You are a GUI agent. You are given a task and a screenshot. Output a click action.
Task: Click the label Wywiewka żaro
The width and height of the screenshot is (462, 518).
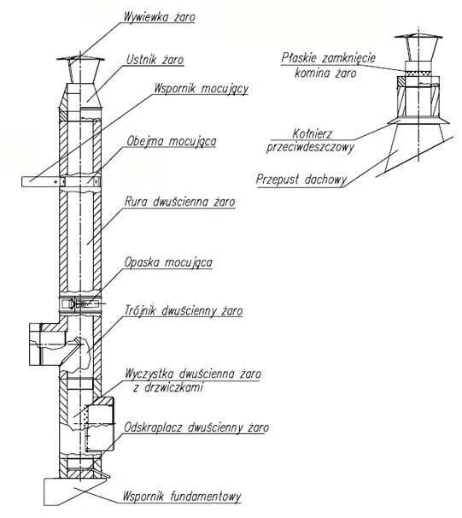coord(159,17)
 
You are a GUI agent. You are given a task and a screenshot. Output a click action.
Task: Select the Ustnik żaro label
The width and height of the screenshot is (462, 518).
coord(155,60)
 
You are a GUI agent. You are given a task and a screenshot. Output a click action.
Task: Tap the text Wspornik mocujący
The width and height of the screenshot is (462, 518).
coord(201,89)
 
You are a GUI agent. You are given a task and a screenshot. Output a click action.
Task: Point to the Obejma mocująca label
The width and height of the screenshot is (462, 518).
coord(172,141)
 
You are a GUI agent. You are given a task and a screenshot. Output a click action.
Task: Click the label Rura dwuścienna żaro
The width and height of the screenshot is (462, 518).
coord(180,202)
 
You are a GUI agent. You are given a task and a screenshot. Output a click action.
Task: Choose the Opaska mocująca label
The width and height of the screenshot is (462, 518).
coord(168,262)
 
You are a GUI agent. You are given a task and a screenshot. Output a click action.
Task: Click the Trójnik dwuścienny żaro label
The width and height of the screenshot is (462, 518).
coord(184,310)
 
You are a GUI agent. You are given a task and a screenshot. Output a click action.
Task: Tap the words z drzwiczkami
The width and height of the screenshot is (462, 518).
coord(168,386)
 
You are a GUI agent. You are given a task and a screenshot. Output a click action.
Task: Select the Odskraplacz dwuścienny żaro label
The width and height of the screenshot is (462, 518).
coord(196,427)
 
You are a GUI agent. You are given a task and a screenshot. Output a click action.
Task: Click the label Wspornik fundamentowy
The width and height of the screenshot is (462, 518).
coord(182,496)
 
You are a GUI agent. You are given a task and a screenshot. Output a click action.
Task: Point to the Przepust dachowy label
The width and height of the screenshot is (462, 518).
coord(301,180)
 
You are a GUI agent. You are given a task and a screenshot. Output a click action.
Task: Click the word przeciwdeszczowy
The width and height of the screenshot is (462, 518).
coord(310,147)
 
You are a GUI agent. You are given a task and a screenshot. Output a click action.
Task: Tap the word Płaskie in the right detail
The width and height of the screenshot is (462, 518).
coord(299,58)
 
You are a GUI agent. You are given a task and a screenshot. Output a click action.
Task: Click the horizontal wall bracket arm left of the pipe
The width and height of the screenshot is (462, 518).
coord(41,182)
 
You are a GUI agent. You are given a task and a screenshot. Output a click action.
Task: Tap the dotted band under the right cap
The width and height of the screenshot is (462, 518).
coord(418,74)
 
